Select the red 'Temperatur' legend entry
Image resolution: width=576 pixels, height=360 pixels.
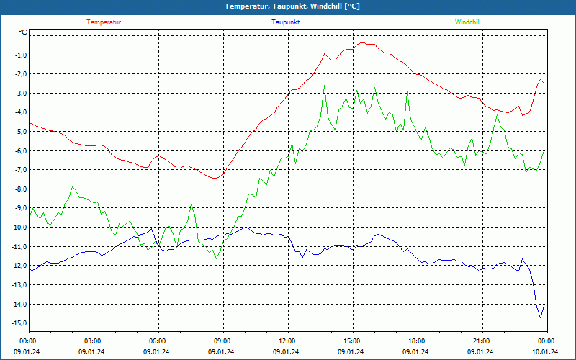pyautogui.click(x=104, y=22)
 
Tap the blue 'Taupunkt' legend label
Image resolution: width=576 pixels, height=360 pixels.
pyautogui.click(x=286, y=22)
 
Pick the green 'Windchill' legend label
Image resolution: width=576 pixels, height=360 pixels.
pyautogui.click(x=468, y=22)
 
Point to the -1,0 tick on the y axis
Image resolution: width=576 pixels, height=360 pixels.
pyautogui.click(x=19, y=55)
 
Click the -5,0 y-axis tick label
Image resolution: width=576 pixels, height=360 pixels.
pyautogui.click(x=19, y=132)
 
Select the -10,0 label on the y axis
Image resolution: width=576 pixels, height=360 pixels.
pyautogui.click(x=18, y=228)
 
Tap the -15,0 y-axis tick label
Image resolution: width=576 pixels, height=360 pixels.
pyautogui.click(x=18, y=323)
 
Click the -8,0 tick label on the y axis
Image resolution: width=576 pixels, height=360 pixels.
pyautogui.click(x=19, y=189)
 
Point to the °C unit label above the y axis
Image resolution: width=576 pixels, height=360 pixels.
pyautogui.click(x=23, y=32)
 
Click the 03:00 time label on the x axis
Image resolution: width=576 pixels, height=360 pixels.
pyautogui.click(x=93, y=341)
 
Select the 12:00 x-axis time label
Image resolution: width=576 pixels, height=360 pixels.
pyautogui.click(x=287, y=341)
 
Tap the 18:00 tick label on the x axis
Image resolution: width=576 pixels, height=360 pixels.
pyautogui.click(x=417, y=341)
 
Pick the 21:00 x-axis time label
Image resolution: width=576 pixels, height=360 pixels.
pyautogui.click(x=482, y=341)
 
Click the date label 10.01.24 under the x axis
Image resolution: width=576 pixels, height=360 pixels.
pyautogui.click(x=546, y=352)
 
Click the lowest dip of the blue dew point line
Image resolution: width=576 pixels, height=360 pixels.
pyautogui.click(x=541, y=318)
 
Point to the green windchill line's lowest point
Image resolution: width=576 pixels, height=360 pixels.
pyautogui.click(x=215, y=258)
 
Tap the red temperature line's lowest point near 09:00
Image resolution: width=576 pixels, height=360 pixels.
pyautogui.click(x=215, y=178)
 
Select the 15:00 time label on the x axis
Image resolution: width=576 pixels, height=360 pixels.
pyautogui.click(x=352, y=341)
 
